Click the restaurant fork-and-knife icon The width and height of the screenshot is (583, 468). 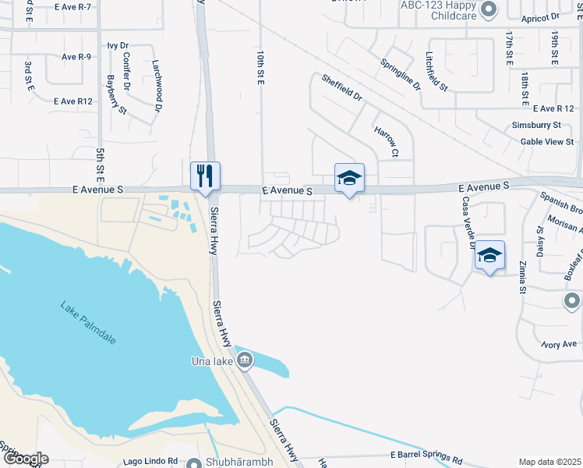tap(206, 175)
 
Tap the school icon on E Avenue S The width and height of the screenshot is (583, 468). tap(349, 178)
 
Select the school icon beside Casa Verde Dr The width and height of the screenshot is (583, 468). tap(489, 255)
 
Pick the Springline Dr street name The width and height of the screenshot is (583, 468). tap(401, 73)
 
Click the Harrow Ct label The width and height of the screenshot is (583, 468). tap(386, 141)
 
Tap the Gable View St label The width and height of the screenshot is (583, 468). tap(547, 141)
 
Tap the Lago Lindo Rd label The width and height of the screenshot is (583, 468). tap(151, 461)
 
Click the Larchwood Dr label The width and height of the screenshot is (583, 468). tap(155, 76)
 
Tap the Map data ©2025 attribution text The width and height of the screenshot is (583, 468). tap(549, 462)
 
